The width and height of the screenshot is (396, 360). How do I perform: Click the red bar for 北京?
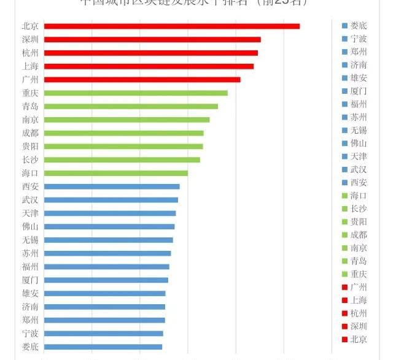[x=172, y=26]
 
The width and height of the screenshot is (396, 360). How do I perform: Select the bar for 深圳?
[x=152, y=40]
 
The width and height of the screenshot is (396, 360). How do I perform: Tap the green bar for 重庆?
[x=136, y=93]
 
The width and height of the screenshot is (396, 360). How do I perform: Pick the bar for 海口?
[x=116, y=173]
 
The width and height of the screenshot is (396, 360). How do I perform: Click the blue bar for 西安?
[x=112, y=186]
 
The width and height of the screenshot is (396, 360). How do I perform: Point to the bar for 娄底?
[x=103, y=347]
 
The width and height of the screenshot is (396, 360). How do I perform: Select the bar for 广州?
[x=142, y=80]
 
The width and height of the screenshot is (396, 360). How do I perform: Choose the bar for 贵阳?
[x=123, y=147]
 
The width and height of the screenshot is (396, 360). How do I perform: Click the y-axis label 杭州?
[x=30, y=53]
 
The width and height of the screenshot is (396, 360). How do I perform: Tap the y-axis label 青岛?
[x=30, y=107]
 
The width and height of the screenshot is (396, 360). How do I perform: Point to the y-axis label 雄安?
[x=30, y=293]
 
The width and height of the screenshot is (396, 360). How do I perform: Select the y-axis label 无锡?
[x=30, y=240]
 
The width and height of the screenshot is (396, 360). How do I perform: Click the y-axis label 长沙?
[x=30, y=160]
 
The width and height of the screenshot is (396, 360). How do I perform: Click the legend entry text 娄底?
[x=359, y=26]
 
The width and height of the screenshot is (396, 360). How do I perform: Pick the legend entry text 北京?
[x=359, y=339]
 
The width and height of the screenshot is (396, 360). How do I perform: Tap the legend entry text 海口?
[x=359, y=196]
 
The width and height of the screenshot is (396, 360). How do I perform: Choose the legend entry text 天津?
[x=359, y=156]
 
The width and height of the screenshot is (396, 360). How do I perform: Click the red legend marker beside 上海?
[x=344, y=300]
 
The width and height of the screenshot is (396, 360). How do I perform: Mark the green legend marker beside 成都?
[x=344, y=235]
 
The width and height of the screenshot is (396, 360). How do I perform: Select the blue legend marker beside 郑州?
[x=344, y=52]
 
